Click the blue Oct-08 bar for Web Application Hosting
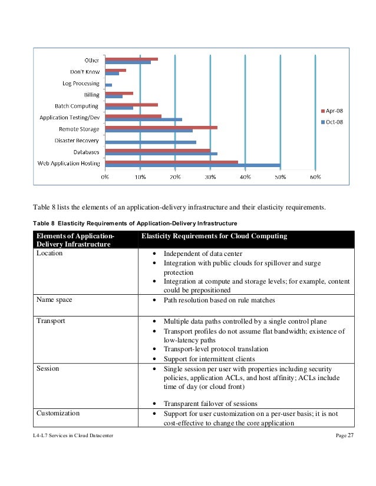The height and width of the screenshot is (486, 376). (x=192, y=165)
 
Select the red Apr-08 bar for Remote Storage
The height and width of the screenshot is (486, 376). (x=161, y=127)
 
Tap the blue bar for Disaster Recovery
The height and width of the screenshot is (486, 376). (x=150, y=142)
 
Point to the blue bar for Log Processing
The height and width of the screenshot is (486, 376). (x=108, y=85)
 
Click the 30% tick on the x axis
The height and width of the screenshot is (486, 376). (x=210, y=176)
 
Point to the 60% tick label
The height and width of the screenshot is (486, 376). (x=315, y=176)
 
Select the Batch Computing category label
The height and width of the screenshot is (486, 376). (x=77, y=106)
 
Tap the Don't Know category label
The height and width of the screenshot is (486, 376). (x=84, y=72)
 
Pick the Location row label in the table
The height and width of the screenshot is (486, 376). (x=50, y=254)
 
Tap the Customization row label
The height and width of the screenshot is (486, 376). (x=58, y=414)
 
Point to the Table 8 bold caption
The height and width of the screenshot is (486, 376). (x=135, y=223)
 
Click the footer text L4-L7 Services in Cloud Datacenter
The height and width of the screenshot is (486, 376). (x=73, y=434)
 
